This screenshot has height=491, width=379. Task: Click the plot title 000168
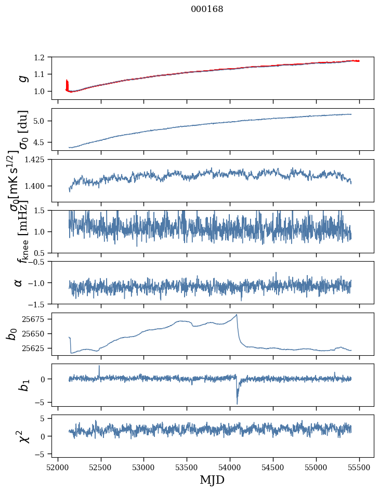click(x=207, y=9)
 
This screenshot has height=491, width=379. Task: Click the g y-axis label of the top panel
click(x=22, y=78)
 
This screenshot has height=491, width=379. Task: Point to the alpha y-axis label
click(x=19, y=282)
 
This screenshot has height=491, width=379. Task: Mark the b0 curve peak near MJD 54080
click(x=237, y=315)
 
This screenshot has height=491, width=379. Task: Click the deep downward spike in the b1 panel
click(x=237, y=403)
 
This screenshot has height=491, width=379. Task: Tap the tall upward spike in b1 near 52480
click(x=99, y=366)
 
